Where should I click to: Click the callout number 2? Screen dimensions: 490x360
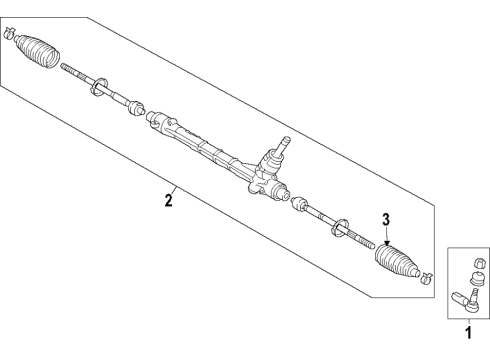(x=168, y=201)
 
